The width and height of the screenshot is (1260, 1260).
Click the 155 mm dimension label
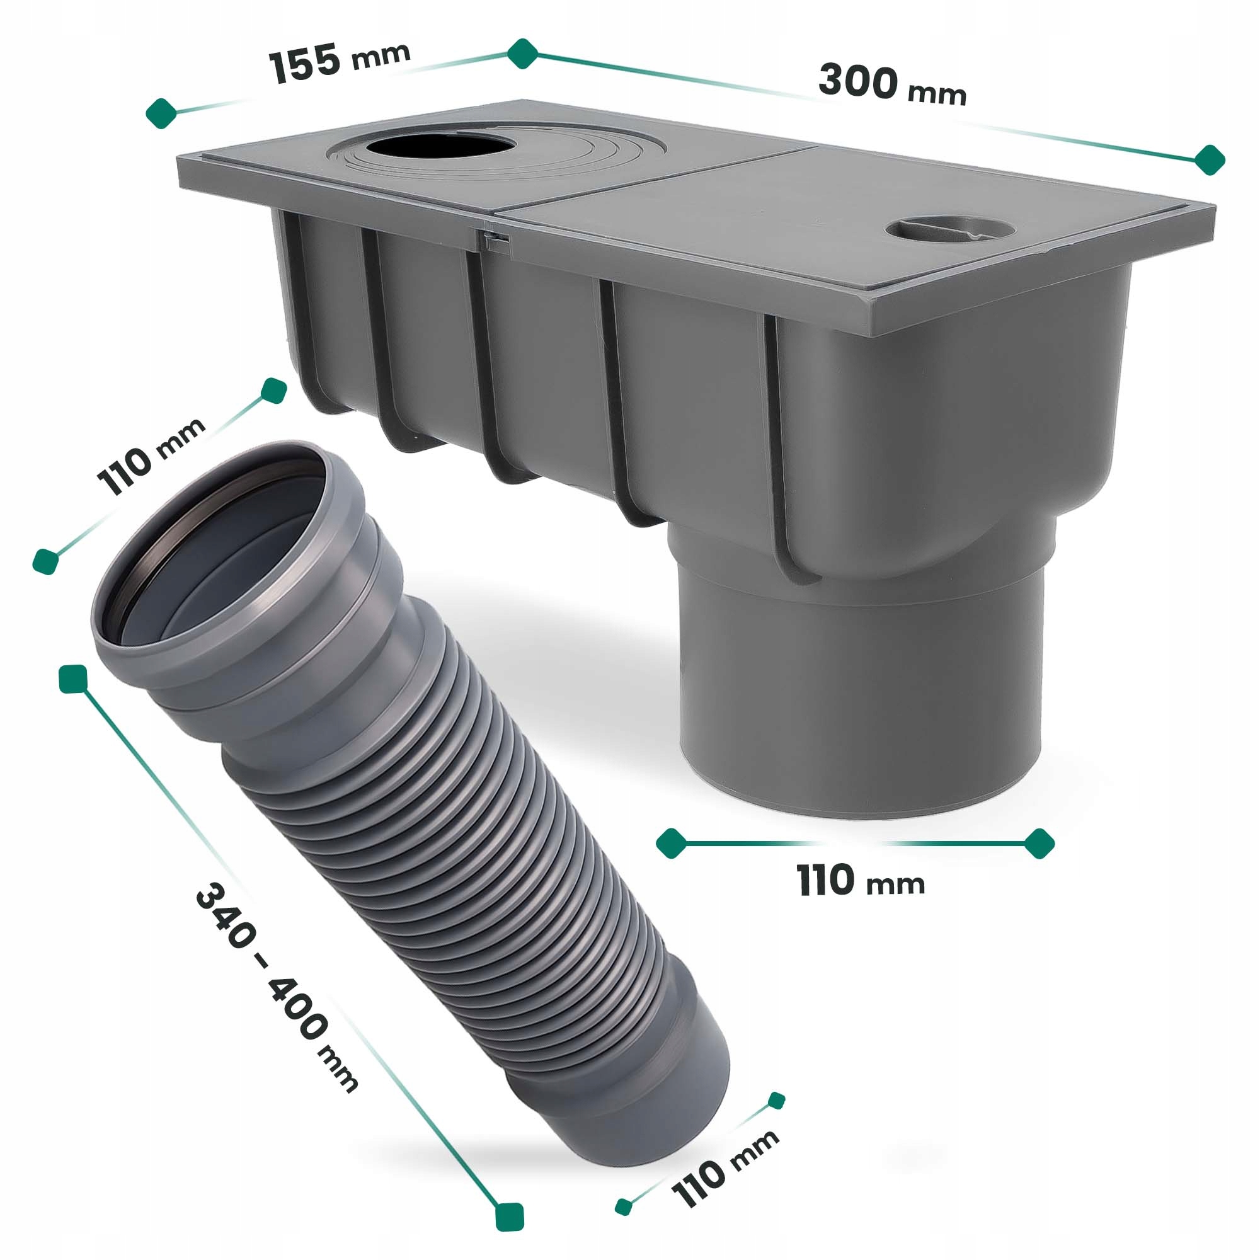pos(340,62)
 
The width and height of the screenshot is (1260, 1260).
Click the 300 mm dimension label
pos(892,85)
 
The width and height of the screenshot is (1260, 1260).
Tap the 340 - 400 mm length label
pos(277,987)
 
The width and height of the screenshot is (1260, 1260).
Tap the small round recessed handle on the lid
pos(949,230)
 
